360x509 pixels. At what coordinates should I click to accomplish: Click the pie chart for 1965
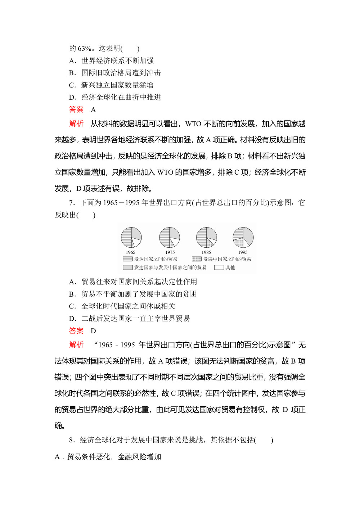pyautogui.click(x=131, y=238)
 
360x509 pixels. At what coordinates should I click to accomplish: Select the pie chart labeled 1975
pyautogui.click(x=170, y=238)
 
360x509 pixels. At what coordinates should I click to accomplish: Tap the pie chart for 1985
pyautogui.click(x=207, y=238)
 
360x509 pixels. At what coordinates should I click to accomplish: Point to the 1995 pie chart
pyautogui.click(x=243, y=238)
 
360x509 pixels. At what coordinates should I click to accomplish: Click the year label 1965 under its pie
pyautogui.click(x=131, y=252)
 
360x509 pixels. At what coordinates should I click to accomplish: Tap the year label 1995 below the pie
pyautogui.click(x=243, y=252)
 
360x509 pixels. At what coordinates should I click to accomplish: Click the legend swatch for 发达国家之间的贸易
pyautogui.click(x=127, y=259)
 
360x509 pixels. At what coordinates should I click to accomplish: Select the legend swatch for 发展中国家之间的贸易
pyautogui.click(x=197, y=259)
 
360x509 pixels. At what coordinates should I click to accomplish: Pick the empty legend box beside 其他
pyautogui.click(x=219, y=267)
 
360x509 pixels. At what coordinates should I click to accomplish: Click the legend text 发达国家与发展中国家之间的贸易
pyautogui.click(x=170, y=267)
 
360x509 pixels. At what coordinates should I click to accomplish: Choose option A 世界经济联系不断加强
pyautogui.click(x=112, y=61)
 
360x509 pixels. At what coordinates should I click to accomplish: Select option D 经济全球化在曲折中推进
pyautogui.click(x=115, y=97)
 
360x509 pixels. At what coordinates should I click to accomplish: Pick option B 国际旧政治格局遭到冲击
pyautogui.click(x=115, y=73)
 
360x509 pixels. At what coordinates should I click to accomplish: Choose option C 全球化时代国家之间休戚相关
pyautogui.click(x=122, y=306)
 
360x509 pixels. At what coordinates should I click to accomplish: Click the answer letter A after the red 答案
pyautogui.click(x=93, y=110)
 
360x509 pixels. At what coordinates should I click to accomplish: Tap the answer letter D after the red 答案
pyautogui.click(x=93, y=331)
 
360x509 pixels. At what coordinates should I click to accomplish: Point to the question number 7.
pyautogui.click(x=71, y=203)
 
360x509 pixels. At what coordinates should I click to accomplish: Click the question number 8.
pyautogui.click(x=71, y=440)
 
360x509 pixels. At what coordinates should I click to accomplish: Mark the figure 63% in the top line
pyautogui.click(x=85, y=49)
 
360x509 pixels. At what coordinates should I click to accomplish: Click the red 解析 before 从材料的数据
pyautogui.click(x=76, y=124)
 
